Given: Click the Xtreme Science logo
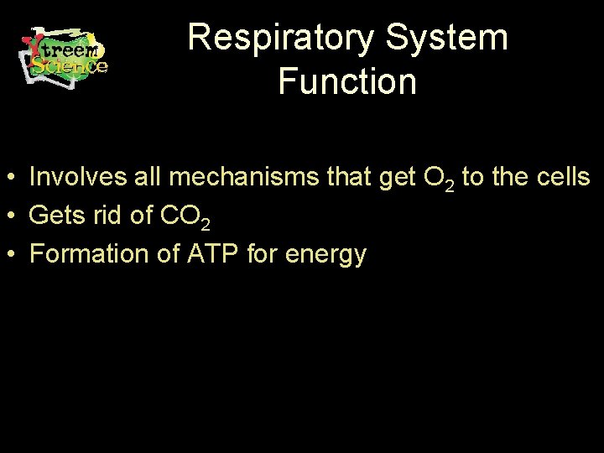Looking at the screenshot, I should pyautogui.click(x=64, y=54).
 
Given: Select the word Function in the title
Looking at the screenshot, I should pyautogui.click(x=346, y=82).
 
